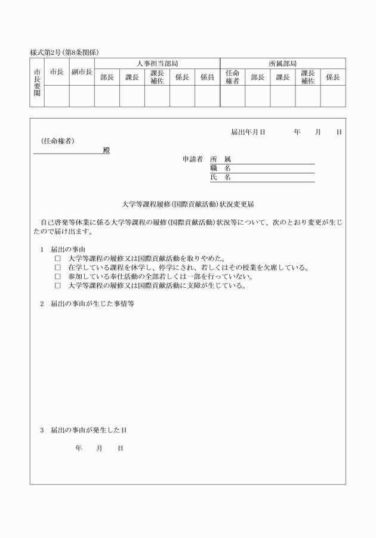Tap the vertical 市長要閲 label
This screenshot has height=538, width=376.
37,82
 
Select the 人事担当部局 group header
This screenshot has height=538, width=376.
157,64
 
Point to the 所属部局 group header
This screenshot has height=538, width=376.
283,64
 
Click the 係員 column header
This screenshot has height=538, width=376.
207,77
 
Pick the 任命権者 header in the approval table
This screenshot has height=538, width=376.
232,77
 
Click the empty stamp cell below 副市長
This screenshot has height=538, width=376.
82,96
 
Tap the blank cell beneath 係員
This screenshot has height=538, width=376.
207,96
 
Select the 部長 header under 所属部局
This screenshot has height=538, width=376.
257,77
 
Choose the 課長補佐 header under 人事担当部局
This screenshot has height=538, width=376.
157,77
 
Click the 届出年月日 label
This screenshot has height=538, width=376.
248,132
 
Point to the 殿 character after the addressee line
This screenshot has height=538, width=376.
106,150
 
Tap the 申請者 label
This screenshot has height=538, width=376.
193,159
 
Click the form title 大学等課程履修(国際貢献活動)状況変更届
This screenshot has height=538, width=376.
188,204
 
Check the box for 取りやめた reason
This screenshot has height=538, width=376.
58,259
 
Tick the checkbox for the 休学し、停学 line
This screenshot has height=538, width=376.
58,268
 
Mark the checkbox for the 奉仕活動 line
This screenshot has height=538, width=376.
58,277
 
